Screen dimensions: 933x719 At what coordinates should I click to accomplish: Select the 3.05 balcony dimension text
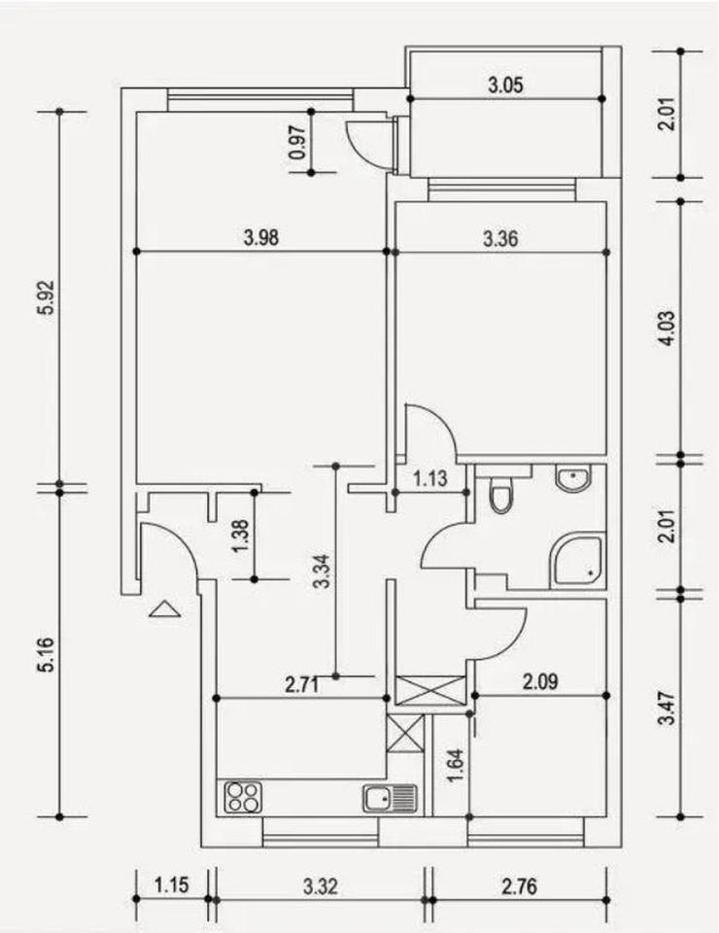505,85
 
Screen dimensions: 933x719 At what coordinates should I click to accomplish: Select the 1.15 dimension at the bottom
171,885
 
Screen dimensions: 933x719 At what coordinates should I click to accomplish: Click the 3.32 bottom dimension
320,885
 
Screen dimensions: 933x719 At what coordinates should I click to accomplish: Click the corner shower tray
578,561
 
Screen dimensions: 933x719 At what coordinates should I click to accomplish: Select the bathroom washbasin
573,478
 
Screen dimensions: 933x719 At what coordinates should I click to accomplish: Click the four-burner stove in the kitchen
243,798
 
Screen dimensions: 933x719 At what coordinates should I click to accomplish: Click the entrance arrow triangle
165,609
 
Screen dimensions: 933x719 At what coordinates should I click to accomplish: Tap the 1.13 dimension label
429,479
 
